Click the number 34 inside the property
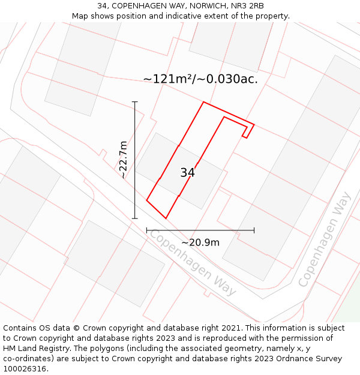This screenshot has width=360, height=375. [187, 173]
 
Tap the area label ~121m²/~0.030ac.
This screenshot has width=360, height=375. [200, 79]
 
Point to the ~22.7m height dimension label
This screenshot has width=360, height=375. [122, 160]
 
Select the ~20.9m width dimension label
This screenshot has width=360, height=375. [200, 242]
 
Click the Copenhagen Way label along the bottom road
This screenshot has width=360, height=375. [193, 262]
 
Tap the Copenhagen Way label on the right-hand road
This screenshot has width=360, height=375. [324, 239]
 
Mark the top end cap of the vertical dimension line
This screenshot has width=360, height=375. [135, 102]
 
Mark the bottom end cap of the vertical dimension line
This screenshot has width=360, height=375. [135, 218]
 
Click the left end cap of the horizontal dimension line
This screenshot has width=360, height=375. [147, 230]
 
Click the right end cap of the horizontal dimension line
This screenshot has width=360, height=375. [254, 230]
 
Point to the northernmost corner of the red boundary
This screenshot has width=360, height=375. [203, 102]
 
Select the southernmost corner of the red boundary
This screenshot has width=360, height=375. [166, 218]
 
